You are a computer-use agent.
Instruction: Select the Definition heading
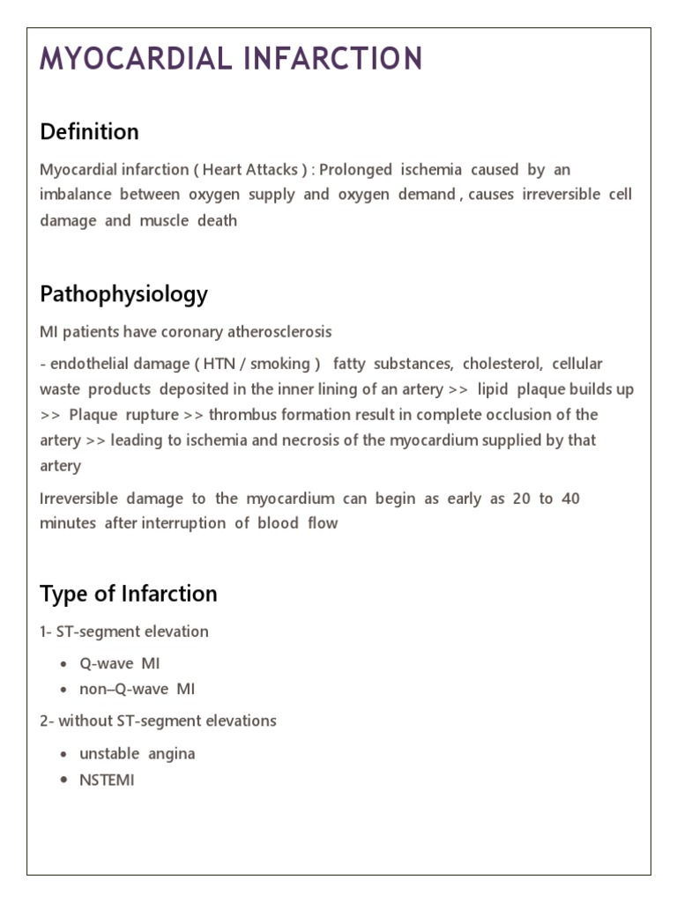click(89, 132)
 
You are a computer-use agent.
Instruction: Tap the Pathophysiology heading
click(123, 294)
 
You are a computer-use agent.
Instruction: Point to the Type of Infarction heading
click(128, 594)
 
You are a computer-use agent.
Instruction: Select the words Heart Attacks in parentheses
click(250, 169)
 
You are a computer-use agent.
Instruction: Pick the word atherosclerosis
click(279, 332)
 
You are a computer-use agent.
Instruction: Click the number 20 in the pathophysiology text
click(521, 499)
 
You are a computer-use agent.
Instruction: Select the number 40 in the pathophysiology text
click(570, 499)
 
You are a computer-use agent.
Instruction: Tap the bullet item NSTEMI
click(107, 780)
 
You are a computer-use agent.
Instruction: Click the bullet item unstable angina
click(137, 754)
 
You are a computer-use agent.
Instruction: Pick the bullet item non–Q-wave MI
click(137, 689)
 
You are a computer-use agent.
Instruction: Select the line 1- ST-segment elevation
click(124, 632)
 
